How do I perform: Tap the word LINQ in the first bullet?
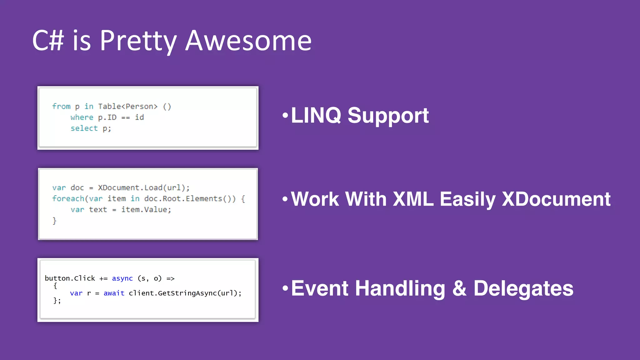point(316,116)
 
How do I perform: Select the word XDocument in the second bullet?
point(556,199)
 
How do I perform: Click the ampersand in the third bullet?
point(459,288)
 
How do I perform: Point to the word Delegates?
point(523,288)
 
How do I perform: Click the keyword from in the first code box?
point(61,107)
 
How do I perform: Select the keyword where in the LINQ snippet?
point(82,117)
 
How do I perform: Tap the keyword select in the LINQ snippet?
point(84,128)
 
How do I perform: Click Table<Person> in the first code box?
point(127,107)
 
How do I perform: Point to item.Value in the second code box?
point(145,210)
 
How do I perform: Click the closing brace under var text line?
point(54,221)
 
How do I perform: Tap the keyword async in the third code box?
point(122,278)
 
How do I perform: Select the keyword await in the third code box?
point(114,293)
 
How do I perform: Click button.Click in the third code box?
point(70,278)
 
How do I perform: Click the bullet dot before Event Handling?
point(285,288)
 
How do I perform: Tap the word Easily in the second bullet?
point(467,199)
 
